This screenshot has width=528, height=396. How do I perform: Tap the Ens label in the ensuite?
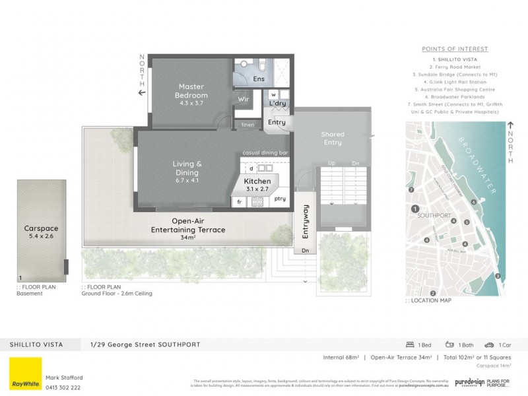pos(258,79)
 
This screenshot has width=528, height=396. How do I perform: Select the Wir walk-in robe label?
pos(242,100)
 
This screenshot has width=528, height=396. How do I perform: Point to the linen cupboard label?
pos(247,125)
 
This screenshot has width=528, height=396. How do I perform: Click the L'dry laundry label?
pos(277,104)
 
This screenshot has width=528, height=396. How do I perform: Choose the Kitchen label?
pos(257,180)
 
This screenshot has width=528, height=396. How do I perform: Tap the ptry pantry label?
pos(280,199)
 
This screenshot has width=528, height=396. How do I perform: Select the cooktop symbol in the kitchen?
pos(257,202)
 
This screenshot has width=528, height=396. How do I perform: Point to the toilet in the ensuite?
pos(262,66)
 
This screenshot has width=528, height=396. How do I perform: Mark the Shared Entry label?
pos(333,139)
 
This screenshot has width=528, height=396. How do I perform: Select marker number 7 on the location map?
pos(411,189)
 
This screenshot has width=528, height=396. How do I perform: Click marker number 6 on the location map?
pos(473,203)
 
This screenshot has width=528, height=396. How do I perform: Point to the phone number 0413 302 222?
pos(63,387)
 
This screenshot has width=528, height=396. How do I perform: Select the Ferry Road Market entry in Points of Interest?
pos(455,67)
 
